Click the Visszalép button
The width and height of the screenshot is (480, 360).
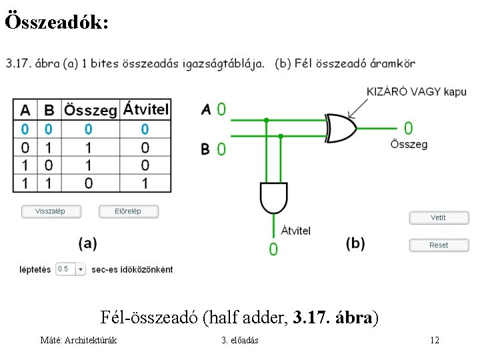[x=51, y=211]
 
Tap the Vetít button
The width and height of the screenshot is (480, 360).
[x=439, y=218]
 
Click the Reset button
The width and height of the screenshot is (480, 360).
[x=439, y=245]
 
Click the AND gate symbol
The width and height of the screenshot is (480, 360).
[x=273, y=197]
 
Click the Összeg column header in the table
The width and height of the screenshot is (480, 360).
[x=90, y=109]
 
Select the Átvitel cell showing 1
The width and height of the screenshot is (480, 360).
[x=145, y=182]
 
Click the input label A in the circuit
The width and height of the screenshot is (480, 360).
[x=206, y=109]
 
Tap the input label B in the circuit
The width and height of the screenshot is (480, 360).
[x=206, y=149]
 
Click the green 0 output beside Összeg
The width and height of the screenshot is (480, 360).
[x=408, y=128]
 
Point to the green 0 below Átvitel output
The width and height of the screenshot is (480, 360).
[x=273, y=249]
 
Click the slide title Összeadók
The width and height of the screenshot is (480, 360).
[x=57, y=22]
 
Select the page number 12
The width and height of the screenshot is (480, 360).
[x=435, y=341]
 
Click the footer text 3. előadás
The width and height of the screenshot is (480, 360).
[x=240, y=341]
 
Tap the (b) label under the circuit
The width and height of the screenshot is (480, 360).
[x=355, y=243]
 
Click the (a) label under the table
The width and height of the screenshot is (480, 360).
[x=87, y=243]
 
